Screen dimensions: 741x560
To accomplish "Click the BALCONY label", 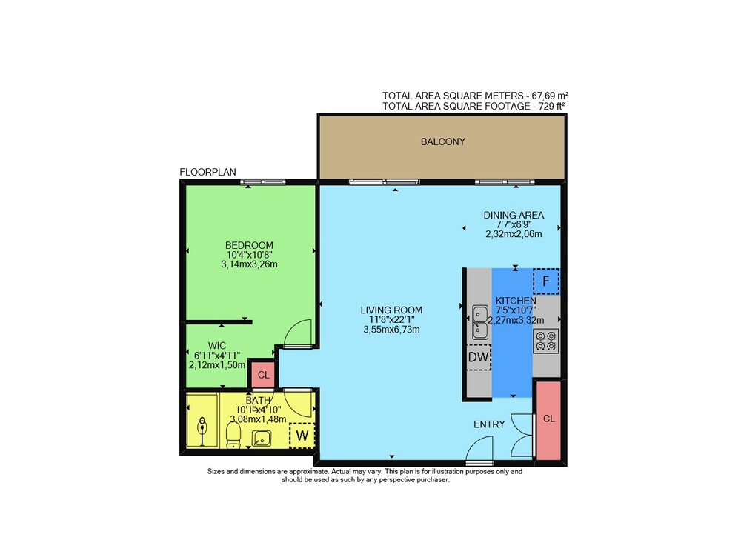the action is (x=443, y=141).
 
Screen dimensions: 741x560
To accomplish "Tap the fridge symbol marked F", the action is (x=546, y=281).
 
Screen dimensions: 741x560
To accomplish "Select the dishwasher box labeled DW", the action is (x=478, y=357).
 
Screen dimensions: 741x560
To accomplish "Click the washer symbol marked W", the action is (x=302, y=436).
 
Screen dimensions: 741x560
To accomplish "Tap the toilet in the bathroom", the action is (x=233, y=436).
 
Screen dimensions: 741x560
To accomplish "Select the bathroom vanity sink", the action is (x=262, y=439).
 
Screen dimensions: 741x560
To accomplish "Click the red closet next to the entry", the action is (x=548, y=420).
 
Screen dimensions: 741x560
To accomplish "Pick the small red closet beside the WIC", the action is (x=263, y=375).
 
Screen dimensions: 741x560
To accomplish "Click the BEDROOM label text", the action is (x=249, y=245).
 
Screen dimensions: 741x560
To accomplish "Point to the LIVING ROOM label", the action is (x=391, y=310).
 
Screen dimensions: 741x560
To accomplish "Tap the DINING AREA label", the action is (x=514, y=215).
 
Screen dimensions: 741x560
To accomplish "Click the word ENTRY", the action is (x=489, y=424).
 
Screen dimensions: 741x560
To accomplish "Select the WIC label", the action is (x=217, y=346).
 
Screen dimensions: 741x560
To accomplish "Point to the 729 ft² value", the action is (x=552, y=107).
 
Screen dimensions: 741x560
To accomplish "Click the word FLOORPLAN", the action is (x=208, y=172).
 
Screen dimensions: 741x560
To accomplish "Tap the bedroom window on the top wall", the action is (x=263, y=182).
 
